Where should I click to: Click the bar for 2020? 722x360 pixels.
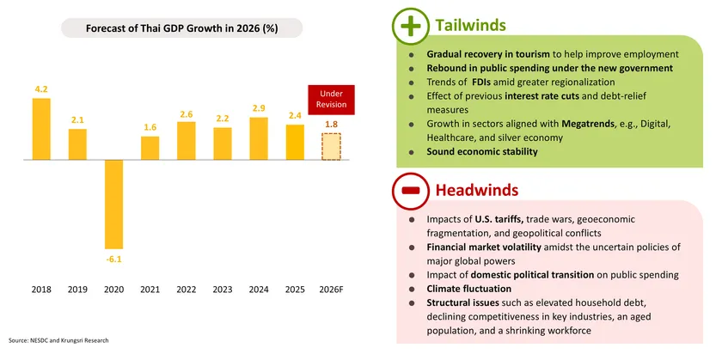point(114,204)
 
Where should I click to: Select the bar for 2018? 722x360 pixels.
point(41,129)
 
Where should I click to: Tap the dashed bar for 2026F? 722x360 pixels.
point(330,147)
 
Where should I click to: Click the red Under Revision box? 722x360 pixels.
point(330,99)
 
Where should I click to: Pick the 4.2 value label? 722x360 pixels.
point(41,88)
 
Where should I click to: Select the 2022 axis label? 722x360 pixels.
point(187,290)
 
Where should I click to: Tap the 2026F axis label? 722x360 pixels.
point(331,290)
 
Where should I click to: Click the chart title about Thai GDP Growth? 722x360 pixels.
point(180,28)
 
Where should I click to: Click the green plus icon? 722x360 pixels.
point(411,27)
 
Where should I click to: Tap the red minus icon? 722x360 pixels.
point(411,189)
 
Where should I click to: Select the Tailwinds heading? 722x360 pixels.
point(469,26)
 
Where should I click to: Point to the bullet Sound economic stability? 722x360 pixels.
point(482,152)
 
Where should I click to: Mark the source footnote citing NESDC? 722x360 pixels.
point(58,340)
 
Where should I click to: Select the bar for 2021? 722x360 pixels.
point(150,148)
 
